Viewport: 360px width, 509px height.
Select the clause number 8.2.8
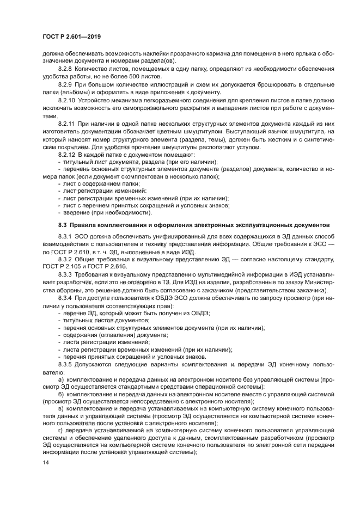pos(66,70)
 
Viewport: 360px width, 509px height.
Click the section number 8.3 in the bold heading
pos(63,224)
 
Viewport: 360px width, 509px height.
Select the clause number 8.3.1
pos(66,237)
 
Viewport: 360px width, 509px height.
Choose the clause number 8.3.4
pos(66,298)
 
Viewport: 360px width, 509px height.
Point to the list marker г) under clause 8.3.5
pos(60,430)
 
